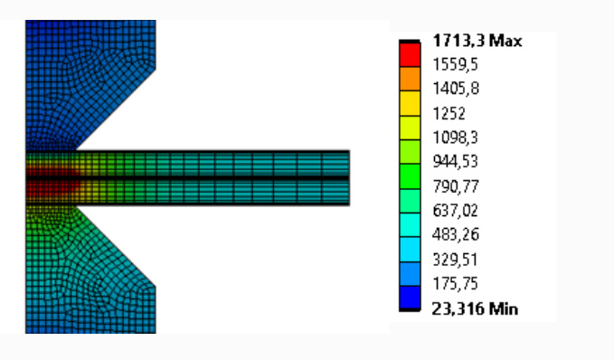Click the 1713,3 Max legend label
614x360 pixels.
(477, 41)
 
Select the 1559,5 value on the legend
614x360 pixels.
(455, 64)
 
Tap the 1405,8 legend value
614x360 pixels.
(456, 89)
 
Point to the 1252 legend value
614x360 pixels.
(449, 113)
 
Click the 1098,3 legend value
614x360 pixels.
(456, 137)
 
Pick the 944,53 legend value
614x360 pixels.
(456, 161)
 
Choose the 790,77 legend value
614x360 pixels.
(456, 186)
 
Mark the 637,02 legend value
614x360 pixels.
(456, 211)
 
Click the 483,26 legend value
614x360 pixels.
(456, 234)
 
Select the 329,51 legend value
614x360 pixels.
(455, 260)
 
